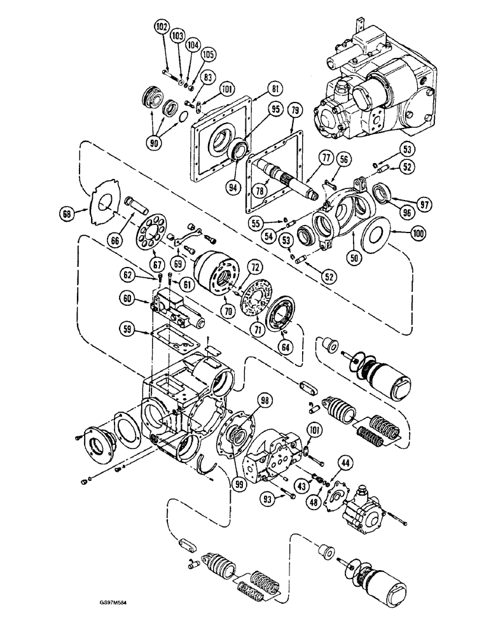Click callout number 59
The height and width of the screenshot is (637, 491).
[x=128, y=330]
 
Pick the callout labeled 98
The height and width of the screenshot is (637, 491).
[x=262, y=399]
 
